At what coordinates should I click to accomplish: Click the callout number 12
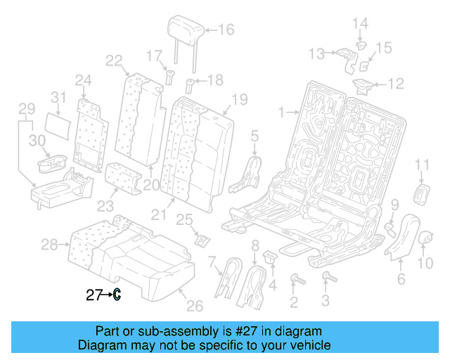396,84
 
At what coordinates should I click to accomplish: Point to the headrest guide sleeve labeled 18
189,87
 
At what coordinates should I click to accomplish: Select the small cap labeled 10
425,240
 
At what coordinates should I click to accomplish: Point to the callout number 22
115,61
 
